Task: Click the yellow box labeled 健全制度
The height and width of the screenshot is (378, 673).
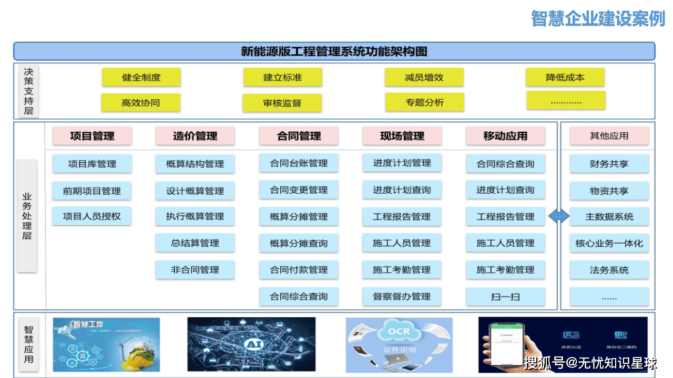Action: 141,77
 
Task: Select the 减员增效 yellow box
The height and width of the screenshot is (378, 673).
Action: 424,77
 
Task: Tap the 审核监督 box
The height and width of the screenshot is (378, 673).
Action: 282,103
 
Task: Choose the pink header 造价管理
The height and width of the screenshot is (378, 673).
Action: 195,136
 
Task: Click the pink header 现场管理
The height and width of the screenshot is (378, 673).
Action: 402,136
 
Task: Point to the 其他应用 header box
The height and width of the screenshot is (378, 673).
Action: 609,136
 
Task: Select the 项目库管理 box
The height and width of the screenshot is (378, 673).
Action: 92,164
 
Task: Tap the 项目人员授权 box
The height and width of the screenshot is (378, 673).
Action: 92,216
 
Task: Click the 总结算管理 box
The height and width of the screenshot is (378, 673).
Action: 195,243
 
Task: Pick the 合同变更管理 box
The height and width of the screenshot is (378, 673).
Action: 299,190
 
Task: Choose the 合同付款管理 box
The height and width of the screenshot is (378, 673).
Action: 299,270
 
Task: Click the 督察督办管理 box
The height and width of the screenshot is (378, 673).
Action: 402,297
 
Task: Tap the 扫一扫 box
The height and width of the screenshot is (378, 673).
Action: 505,297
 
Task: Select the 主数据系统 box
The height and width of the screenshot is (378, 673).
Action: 609,216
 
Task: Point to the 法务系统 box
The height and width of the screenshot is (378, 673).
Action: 609,270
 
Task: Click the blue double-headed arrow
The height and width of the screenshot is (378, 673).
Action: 559,216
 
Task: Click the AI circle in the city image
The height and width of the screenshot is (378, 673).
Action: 251,344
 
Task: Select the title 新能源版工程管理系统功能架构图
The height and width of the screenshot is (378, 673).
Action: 334,51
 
